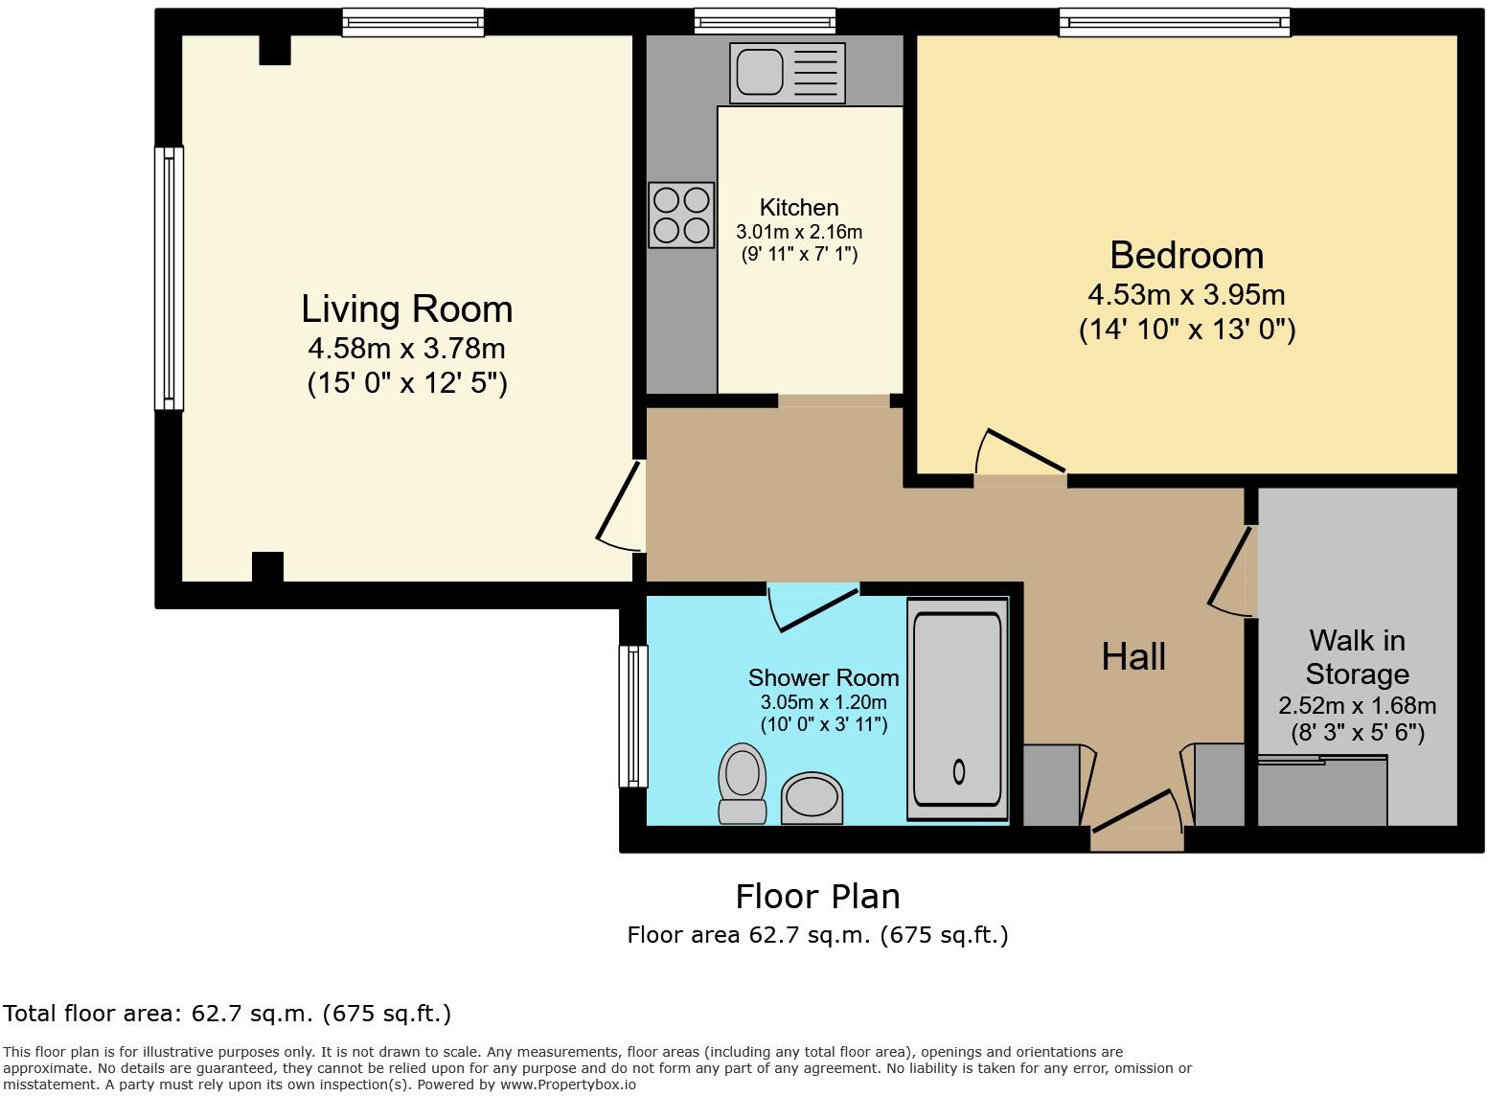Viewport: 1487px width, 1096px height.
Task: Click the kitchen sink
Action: pyautogui.click(x=788, y=73)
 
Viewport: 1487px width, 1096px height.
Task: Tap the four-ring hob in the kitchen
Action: pyautogui.click(x=681, y=216)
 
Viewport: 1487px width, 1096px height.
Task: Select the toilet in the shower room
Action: pyautogui.click(x=743, y=784)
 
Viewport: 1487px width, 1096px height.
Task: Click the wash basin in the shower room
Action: pyautogui.click(x=812, y=798)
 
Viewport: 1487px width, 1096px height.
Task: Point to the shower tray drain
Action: pyautogui.click(x=958, y=771)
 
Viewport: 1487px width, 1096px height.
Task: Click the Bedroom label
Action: pyautogui.click(x=1187, y=256)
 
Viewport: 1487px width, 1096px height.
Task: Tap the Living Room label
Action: pyautogui.click(x=407, y=309)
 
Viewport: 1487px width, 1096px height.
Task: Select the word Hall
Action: pyautogui.click(x=1133, y=656)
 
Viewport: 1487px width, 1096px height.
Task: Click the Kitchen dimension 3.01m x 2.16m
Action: pyautogui.click(x=799, y=232)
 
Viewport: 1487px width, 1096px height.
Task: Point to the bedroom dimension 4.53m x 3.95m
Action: pyautogui.click(x=1186, y=295)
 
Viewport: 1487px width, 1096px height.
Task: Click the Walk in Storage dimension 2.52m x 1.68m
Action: pyautogui.click(x=1358, y=706)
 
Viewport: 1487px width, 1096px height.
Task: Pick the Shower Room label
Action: pyautogui.click(x=823, y=677)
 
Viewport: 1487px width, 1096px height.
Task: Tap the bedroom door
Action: pyautogui.click(x=1021, y=451)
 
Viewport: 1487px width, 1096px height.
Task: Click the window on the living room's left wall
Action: pyautogui.click(x=169, y=278)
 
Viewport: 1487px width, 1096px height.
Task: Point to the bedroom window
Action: pyautogui.click(x=1175, y=23)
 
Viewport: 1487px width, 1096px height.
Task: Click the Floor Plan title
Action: pyautogui.click(x=818, y=897)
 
